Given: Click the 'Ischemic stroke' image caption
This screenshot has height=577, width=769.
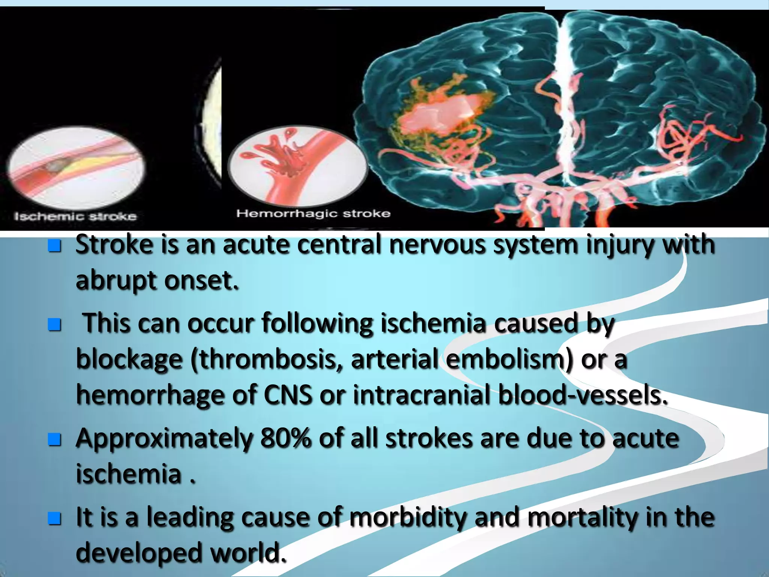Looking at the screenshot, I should coord(75,216).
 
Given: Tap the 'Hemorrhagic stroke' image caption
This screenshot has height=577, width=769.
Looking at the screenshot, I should coord(313,214).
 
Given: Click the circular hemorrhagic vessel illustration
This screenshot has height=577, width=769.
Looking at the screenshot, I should coord(297,166).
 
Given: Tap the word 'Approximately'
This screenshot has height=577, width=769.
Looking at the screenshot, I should coord(164,439).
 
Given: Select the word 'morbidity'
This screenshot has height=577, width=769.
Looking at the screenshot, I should coord(409,517).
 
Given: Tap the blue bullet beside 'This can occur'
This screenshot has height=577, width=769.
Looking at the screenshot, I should coord(54,324).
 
